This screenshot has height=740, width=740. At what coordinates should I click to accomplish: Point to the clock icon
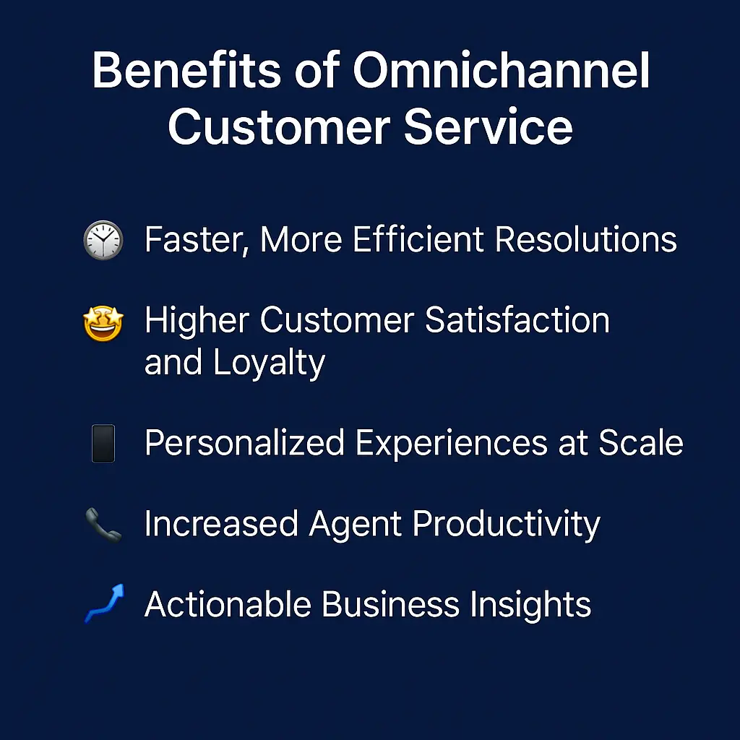point(103,240)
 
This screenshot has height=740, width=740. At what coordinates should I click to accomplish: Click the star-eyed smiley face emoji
point(103,322)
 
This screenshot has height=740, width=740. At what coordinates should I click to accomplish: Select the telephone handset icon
point(103,525)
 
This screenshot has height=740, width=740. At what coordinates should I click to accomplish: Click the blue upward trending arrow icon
point(103,604)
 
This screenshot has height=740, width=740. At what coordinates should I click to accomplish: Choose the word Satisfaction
point(517,320)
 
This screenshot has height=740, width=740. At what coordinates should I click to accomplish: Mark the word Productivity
point(506,525)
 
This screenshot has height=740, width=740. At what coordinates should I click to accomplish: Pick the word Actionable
point(227,604)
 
